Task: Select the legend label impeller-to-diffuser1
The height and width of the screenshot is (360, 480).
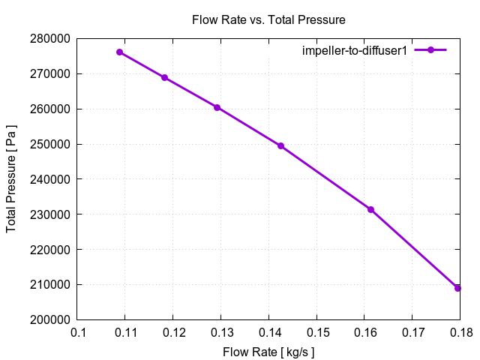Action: click(354, 50)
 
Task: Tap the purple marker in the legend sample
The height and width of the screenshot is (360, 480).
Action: click(430, 50)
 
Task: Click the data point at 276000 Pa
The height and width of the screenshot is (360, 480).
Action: click(119, 52)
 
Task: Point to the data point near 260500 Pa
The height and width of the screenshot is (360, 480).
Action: click(217, 107)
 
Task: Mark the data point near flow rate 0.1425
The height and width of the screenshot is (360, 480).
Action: click(280, 145)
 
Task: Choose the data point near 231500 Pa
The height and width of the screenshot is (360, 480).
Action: click(370, 209)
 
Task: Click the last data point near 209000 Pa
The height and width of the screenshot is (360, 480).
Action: click(457, 288)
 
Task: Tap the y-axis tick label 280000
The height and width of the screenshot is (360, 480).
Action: click(52, 38)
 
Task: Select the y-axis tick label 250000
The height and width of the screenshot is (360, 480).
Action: click(52, 144)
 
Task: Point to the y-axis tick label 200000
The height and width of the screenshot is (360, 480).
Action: click(52, 319)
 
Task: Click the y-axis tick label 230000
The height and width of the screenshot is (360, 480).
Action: click(52, 214)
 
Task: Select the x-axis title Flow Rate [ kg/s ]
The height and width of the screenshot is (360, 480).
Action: click(268, 351)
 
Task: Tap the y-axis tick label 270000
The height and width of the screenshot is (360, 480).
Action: click(52, 73)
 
